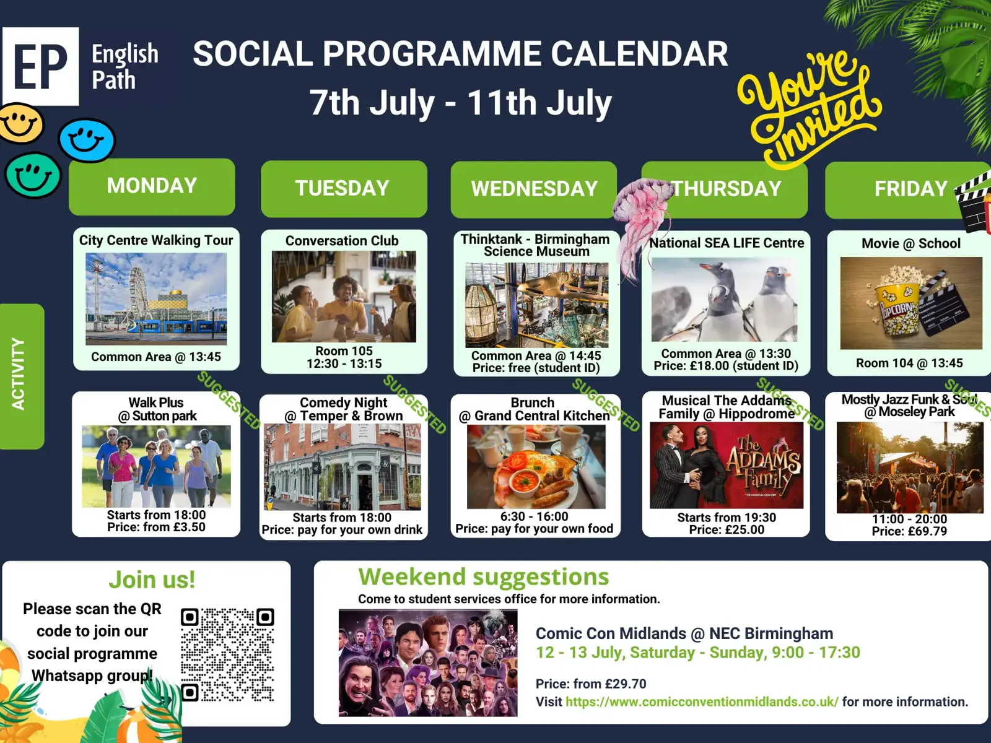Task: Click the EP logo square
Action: tap(41, 66)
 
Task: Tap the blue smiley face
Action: tap(87, 140)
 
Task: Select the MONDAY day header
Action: tap(152, 186)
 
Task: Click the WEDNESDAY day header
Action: tap(534, 189)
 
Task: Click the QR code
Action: tap(227, 655)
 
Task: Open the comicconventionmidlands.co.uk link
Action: tap(702, 702)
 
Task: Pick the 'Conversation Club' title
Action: tap(342, 241)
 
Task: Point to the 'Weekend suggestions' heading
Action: tap(484, 576)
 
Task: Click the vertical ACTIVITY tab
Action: tap(21, 376)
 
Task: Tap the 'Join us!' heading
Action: tap(152, 580)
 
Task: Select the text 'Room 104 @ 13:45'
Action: tap(909, 363)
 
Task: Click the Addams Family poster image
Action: tap(727, 466)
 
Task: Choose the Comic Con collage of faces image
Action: tap(428, 663)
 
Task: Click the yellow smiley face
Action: tap(21, 124)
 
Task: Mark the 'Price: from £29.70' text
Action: tap(590, 684)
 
